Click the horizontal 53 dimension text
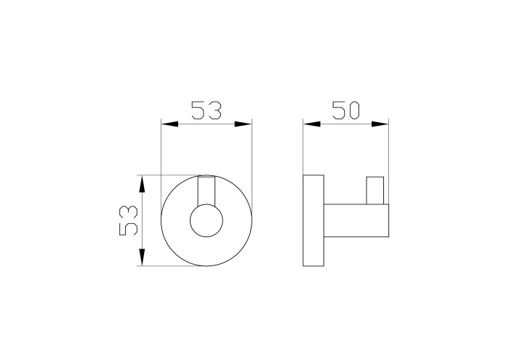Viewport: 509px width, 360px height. [207, 111]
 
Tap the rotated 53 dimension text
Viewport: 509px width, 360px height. [128, 220]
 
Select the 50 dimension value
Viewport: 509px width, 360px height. [347, 111]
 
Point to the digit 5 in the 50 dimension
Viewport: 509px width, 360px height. [337, 111]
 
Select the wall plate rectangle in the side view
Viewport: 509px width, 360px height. [313, 221]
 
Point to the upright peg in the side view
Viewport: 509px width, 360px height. [376, 190]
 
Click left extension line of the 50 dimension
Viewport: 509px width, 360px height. [303, 149]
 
